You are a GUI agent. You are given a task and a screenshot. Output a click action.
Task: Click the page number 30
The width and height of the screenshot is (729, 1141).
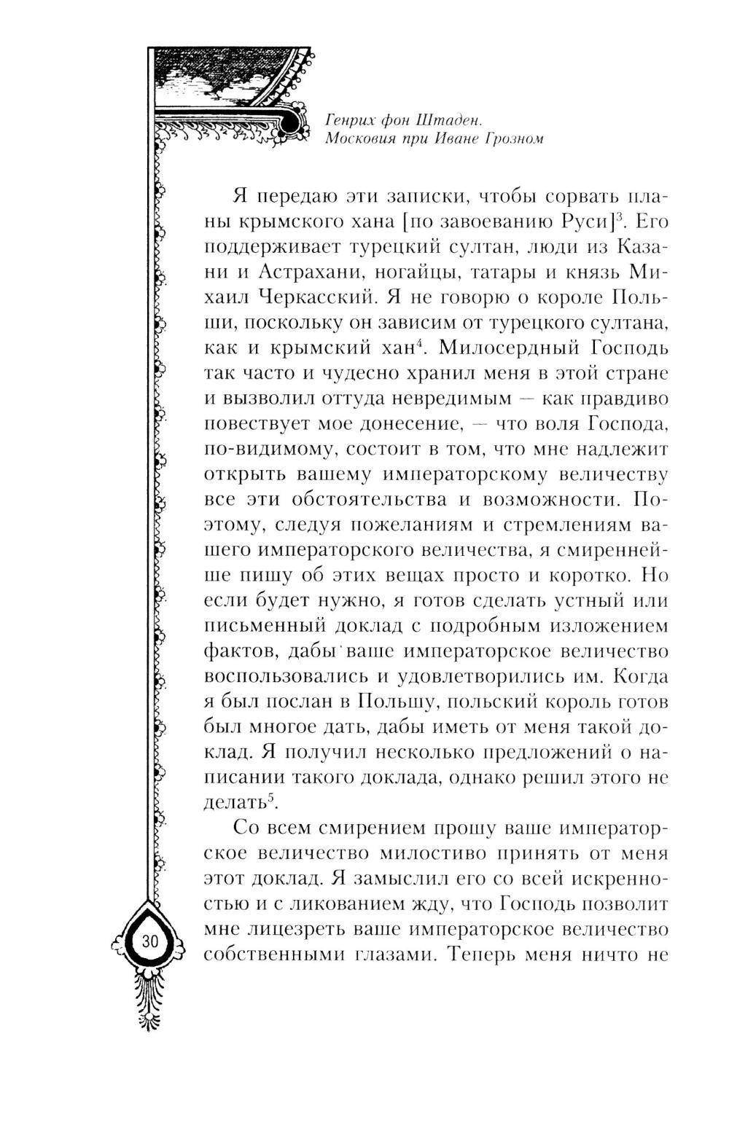[149, 941]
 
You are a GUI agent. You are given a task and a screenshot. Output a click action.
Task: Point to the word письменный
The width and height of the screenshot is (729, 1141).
[264, 627]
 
